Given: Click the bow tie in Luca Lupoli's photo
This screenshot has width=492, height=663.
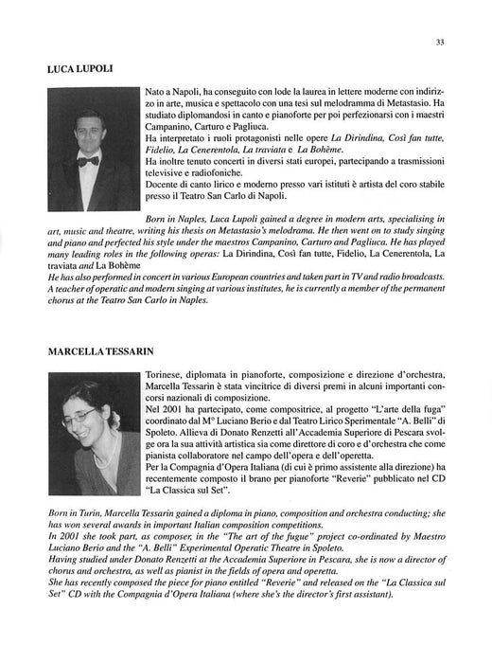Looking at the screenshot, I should pos(88,161).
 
